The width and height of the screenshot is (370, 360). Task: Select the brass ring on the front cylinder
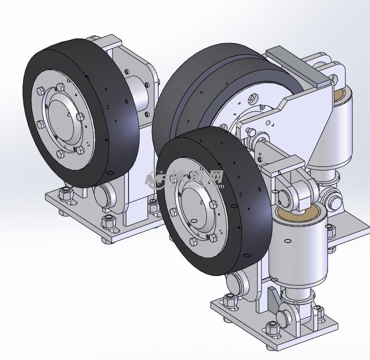299,214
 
